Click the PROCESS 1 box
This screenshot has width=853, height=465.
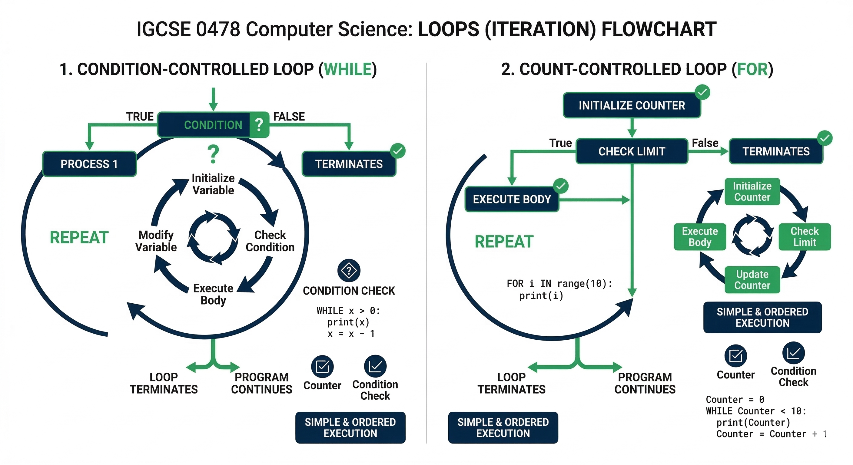pos(89,164)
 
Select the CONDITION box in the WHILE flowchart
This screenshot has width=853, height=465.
pos(213,125)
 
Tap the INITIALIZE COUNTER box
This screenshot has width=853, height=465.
pos(632,106)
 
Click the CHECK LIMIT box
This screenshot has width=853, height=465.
pos(632,151)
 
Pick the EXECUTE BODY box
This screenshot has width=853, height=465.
pos(512,199)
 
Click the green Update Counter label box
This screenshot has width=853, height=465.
pos(752,280)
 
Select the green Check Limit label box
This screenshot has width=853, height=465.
pos(805,237)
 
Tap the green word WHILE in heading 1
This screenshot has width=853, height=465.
pos(348,70)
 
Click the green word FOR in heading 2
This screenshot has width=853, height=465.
pos(752,70)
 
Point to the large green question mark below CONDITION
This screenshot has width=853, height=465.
pos(213,155)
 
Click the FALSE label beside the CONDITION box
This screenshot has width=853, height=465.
pos(289,117)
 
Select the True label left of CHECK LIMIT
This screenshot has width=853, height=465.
pos(560,143)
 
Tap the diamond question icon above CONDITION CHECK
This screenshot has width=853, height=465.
pos(349,271)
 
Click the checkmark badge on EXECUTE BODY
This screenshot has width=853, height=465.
pos(561,186)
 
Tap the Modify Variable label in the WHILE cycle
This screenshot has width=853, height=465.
pos(156,241)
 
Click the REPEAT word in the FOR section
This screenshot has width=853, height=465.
pos(504,242)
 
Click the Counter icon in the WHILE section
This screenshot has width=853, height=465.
pos(322,366)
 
